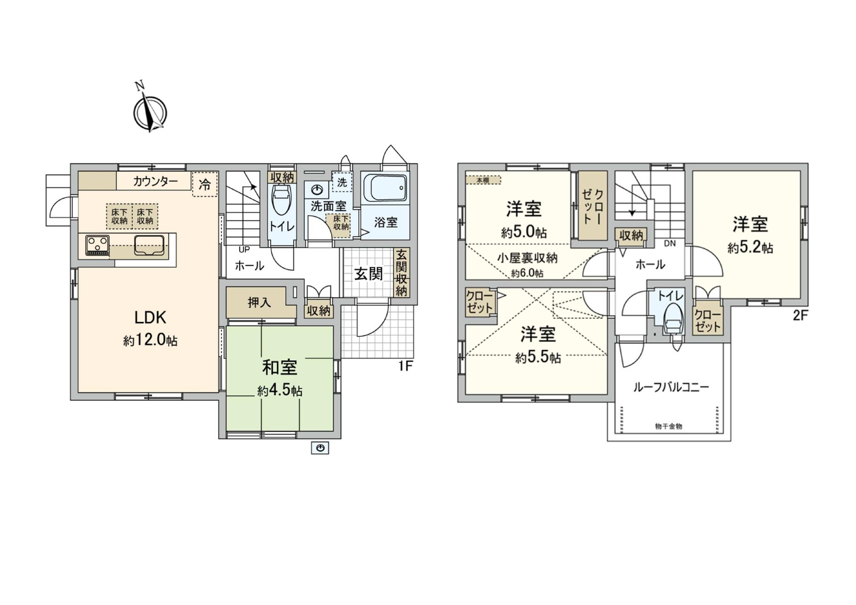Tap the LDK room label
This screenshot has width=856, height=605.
(150, 317)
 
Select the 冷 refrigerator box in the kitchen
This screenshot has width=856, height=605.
(205, 184)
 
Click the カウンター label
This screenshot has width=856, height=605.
(155, 181)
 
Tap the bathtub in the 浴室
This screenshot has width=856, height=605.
(385, 188)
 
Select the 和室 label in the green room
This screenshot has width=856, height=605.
(280, 367)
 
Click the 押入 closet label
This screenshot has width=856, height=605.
(259, 303)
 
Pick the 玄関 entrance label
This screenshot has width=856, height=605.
(369, 274)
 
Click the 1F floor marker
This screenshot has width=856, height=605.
(405, 366)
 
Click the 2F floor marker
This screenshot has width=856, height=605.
(800, 316)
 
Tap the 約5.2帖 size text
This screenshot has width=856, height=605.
(750, 247)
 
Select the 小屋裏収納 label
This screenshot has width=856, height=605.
(527, 258)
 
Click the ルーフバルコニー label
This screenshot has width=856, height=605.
(671, 387)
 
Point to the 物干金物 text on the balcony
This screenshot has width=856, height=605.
(668, 426)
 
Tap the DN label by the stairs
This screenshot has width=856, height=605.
(670, 243)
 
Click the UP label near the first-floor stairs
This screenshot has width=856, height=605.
(244, 250)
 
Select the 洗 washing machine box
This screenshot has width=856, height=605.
(342, 182)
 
